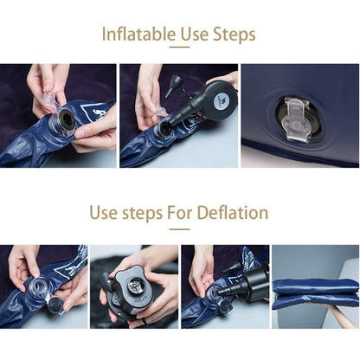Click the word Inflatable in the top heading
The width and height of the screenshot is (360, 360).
[138, 35]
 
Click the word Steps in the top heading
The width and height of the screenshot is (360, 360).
[235, 35]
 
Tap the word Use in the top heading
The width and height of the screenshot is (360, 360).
[195, 35]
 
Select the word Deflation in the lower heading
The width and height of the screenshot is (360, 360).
[233, 213]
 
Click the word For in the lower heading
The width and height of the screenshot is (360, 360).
[180, 213]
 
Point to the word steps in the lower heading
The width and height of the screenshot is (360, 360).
[142, 214]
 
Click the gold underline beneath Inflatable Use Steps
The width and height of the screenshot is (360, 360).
[179, 47]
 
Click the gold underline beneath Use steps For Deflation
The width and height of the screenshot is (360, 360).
[179, 229]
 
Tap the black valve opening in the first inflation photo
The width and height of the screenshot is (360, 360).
[66, 119]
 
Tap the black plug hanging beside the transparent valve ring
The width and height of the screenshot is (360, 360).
[55, 305]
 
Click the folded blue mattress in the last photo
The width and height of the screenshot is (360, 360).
[316, 293]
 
